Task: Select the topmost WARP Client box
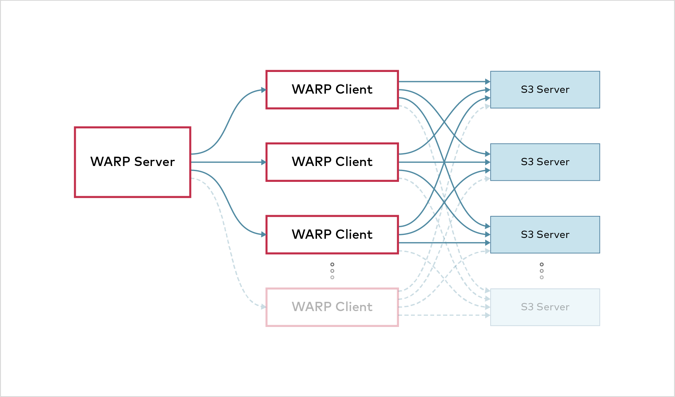tap(332, 89)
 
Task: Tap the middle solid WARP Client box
tap(332, 162)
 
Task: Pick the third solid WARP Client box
tap(332, 234)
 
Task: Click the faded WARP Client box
tap(332, 307)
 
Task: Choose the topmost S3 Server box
tap(545, 89)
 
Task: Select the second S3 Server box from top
tap(545, 162)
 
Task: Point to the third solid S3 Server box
tap(545, 234)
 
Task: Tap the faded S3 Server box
tap(545, 307)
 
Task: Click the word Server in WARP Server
tap(154, 162)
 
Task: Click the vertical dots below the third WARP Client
tap(332, 271)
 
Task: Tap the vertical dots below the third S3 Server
tap(541, 271)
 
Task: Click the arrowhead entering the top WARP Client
tap(264, 90)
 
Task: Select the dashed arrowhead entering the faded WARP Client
tap(264, 307)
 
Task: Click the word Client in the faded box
tap(354, 307)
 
